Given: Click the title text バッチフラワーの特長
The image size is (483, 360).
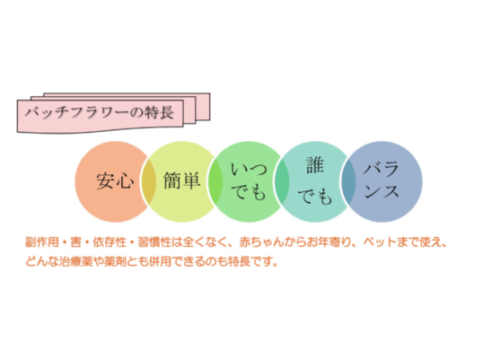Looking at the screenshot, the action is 99,112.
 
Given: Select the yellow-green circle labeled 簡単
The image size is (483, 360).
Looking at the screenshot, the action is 181,181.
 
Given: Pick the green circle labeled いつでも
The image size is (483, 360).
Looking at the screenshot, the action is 249,181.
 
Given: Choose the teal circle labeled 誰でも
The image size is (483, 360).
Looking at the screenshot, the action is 315,181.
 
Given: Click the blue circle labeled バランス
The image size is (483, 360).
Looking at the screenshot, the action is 382,181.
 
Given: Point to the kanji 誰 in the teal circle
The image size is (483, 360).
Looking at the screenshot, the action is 315,165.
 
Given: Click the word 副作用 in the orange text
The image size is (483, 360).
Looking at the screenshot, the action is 42,242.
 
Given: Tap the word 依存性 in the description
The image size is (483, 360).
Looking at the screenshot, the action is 110,242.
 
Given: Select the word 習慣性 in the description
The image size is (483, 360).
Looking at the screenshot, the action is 154,242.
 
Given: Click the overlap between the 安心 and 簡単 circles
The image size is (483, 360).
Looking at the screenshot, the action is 148,181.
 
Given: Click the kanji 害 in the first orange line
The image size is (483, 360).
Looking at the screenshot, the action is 75,242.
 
